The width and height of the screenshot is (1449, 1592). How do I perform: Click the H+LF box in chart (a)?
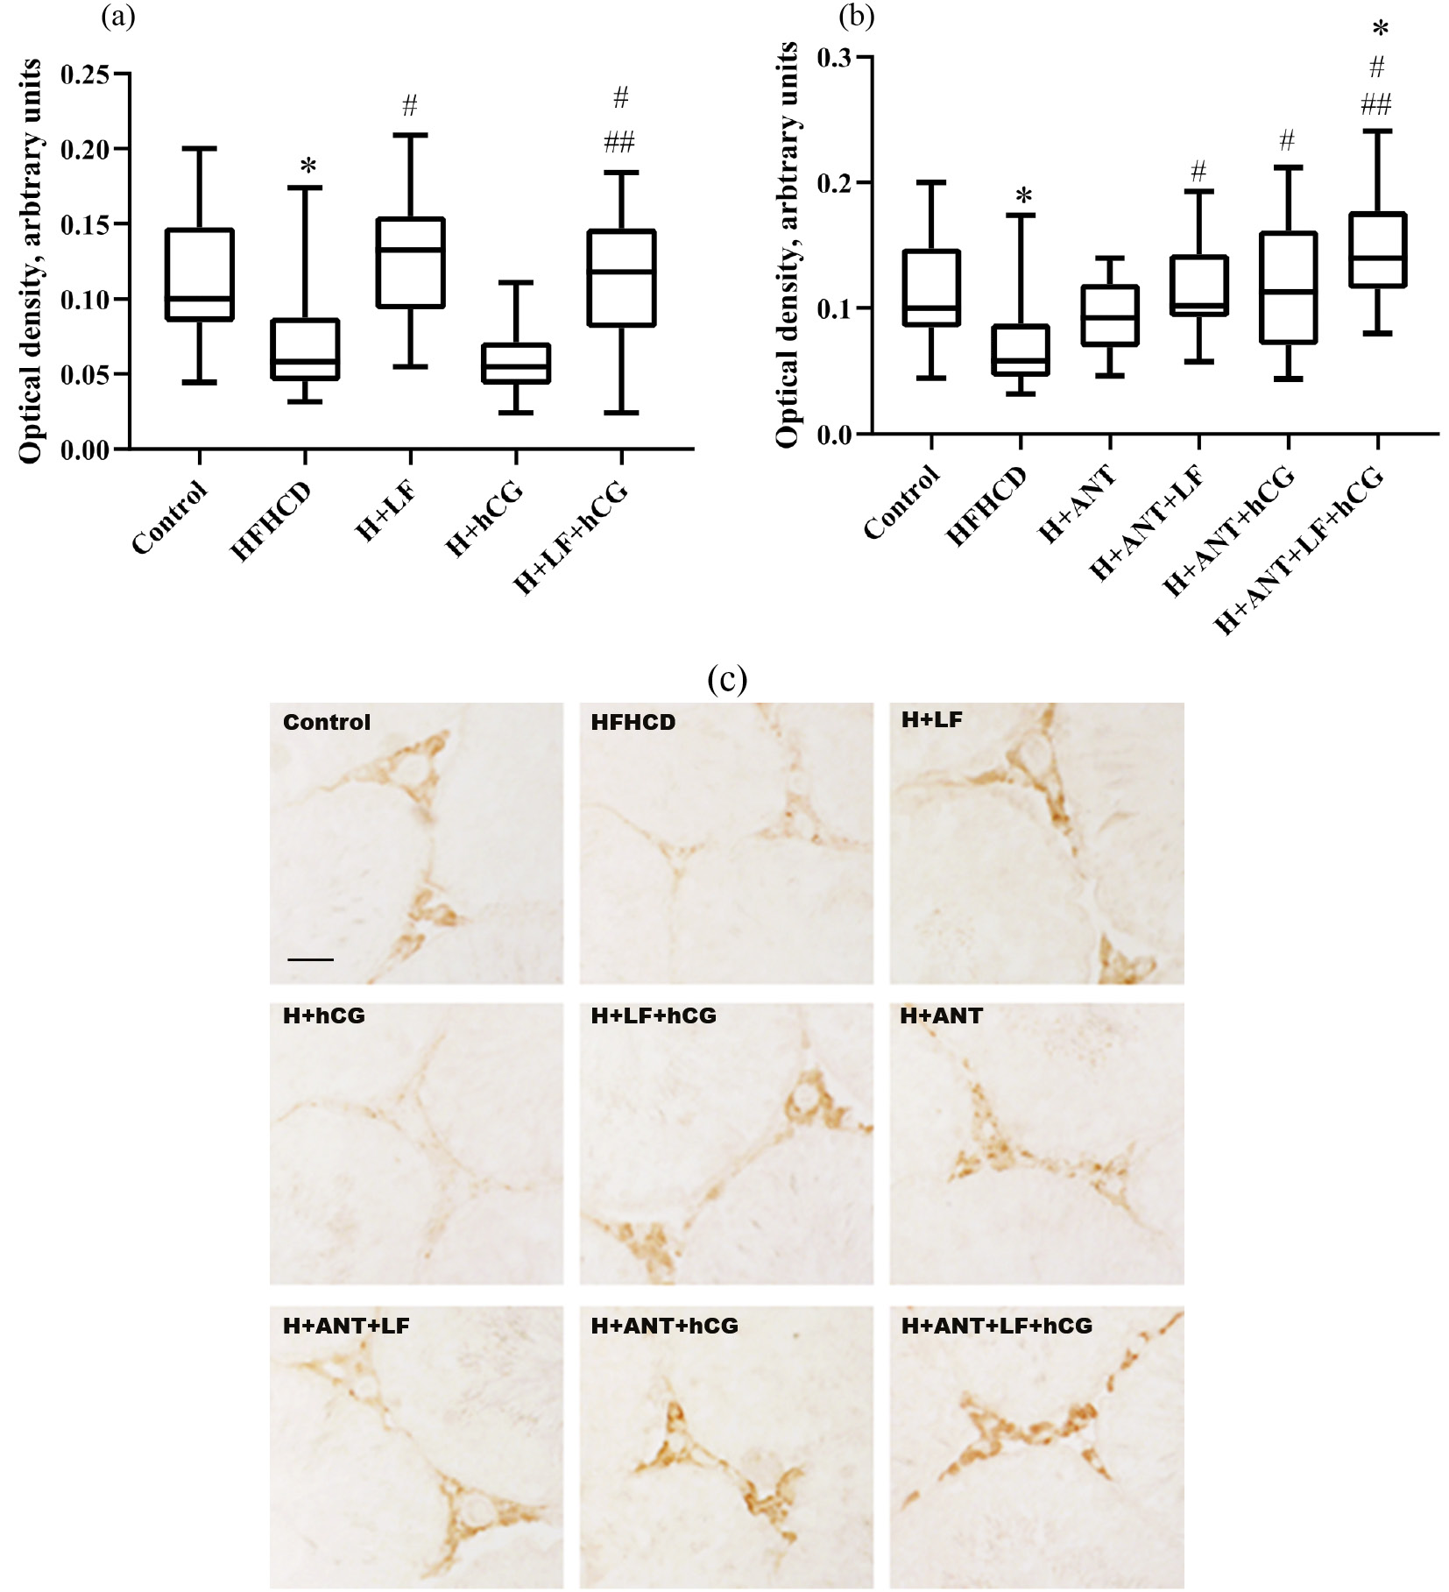pyautogui.click(x=410, y=263)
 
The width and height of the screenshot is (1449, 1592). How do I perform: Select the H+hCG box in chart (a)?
pyautogui.click(x=516, y=364)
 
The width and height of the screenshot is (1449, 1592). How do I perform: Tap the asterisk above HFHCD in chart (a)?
pyautogui.click(x=307, y=166)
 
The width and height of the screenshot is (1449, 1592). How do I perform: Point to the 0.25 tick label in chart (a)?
pyautogui.click(x=85, y=74)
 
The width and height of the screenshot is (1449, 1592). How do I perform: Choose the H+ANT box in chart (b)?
pyautogui.click(x=1110, y=315)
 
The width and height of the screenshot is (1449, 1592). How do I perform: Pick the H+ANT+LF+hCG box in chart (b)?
pyautogui.click(x=1378, y=250)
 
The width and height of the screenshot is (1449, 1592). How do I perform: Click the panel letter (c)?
pyautogui.click(x=726, y=679)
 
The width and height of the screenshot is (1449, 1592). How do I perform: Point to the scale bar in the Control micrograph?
pyautogui.click(x=310, y=959)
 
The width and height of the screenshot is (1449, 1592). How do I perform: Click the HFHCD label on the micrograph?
pyautogui.click(x=633, y=722)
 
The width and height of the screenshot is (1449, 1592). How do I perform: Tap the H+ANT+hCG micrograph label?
pyautogui.click(x=664, y=1326)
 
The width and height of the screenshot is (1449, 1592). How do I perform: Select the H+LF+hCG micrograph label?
pyautogui.click(x=654, y=1015)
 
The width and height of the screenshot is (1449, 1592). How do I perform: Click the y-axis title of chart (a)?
pyautogui.click(x=31, y=261)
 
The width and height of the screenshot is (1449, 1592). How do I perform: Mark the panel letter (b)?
pyautogui.click(x=856, y=16)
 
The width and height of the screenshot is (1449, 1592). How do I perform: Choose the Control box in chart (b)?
pyautogui.click(x=931, y=288)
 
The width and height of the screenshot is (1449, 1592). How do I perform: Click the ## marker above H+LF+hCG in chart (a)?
pyautogui.click(x=619, y=142)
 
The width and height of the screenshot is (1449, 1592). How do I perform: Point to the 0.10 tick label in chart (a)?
pyautogui.click(x=85, y=300)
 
